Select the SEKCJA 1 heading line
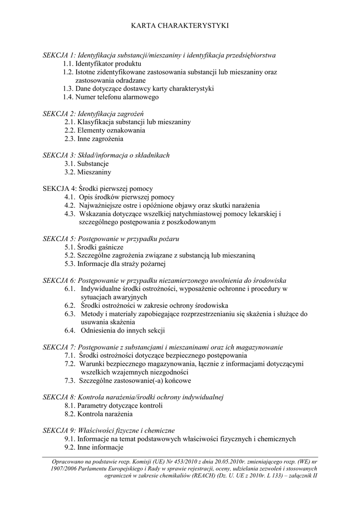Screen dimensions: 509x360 point(159,55)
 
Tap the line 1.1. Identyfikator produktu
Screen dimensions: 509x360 point(102,64)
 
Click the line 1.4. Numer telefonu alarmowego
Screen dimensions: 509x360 point(111,97)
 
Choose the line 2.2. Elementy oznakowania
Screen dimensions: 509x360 point(104,130)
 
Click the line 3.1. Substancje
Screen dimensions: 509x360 point(87,164)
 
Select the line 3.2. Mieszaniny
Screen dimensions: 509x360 point(88,172)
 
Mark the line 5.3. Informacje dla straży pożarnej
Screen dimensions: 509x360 point(114,263)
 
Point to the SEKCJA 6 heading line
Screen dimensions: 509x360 point(164,280)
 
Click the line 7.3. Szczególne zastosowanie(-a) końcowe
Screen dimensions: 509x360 point(127,380)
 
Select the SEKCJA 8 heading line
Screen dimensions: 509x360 point(133,397)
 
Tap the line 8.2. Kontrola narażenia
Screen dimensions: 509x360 point(98,414)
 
